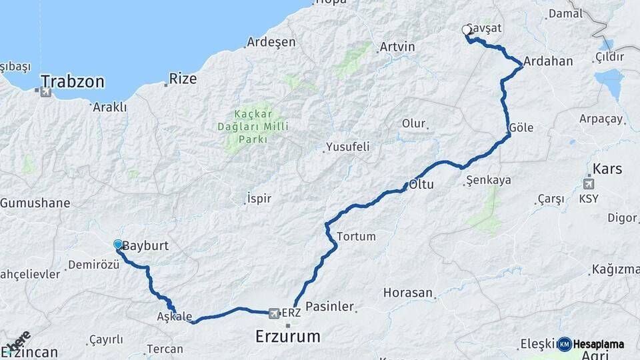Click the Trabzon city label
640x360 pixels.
click(73, 82)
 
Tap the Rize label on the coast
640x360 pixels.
click(183, 79)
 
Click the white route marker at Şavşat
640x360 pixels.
click(467, 29)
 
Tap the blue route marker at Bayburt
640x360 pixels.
click(118, 245)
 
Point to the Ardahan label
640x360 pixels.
click(548, 61)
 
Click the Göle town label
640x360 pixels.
click(521, 127)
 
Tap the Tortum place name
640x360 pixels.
click(357, 236)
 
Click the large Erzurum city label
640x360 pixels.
click(288, 336)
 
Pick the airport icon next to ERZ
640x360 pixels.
click(273, 312)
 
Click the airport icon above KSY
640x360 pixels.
click(589, 184)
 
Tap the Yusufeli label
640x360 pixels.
click(347, 147)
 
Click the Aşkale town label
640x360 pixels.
click(175, 315)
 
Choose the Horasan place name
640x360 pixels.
click(408, 293)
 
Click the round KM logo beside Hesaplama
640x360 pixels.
click(565, 344)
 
